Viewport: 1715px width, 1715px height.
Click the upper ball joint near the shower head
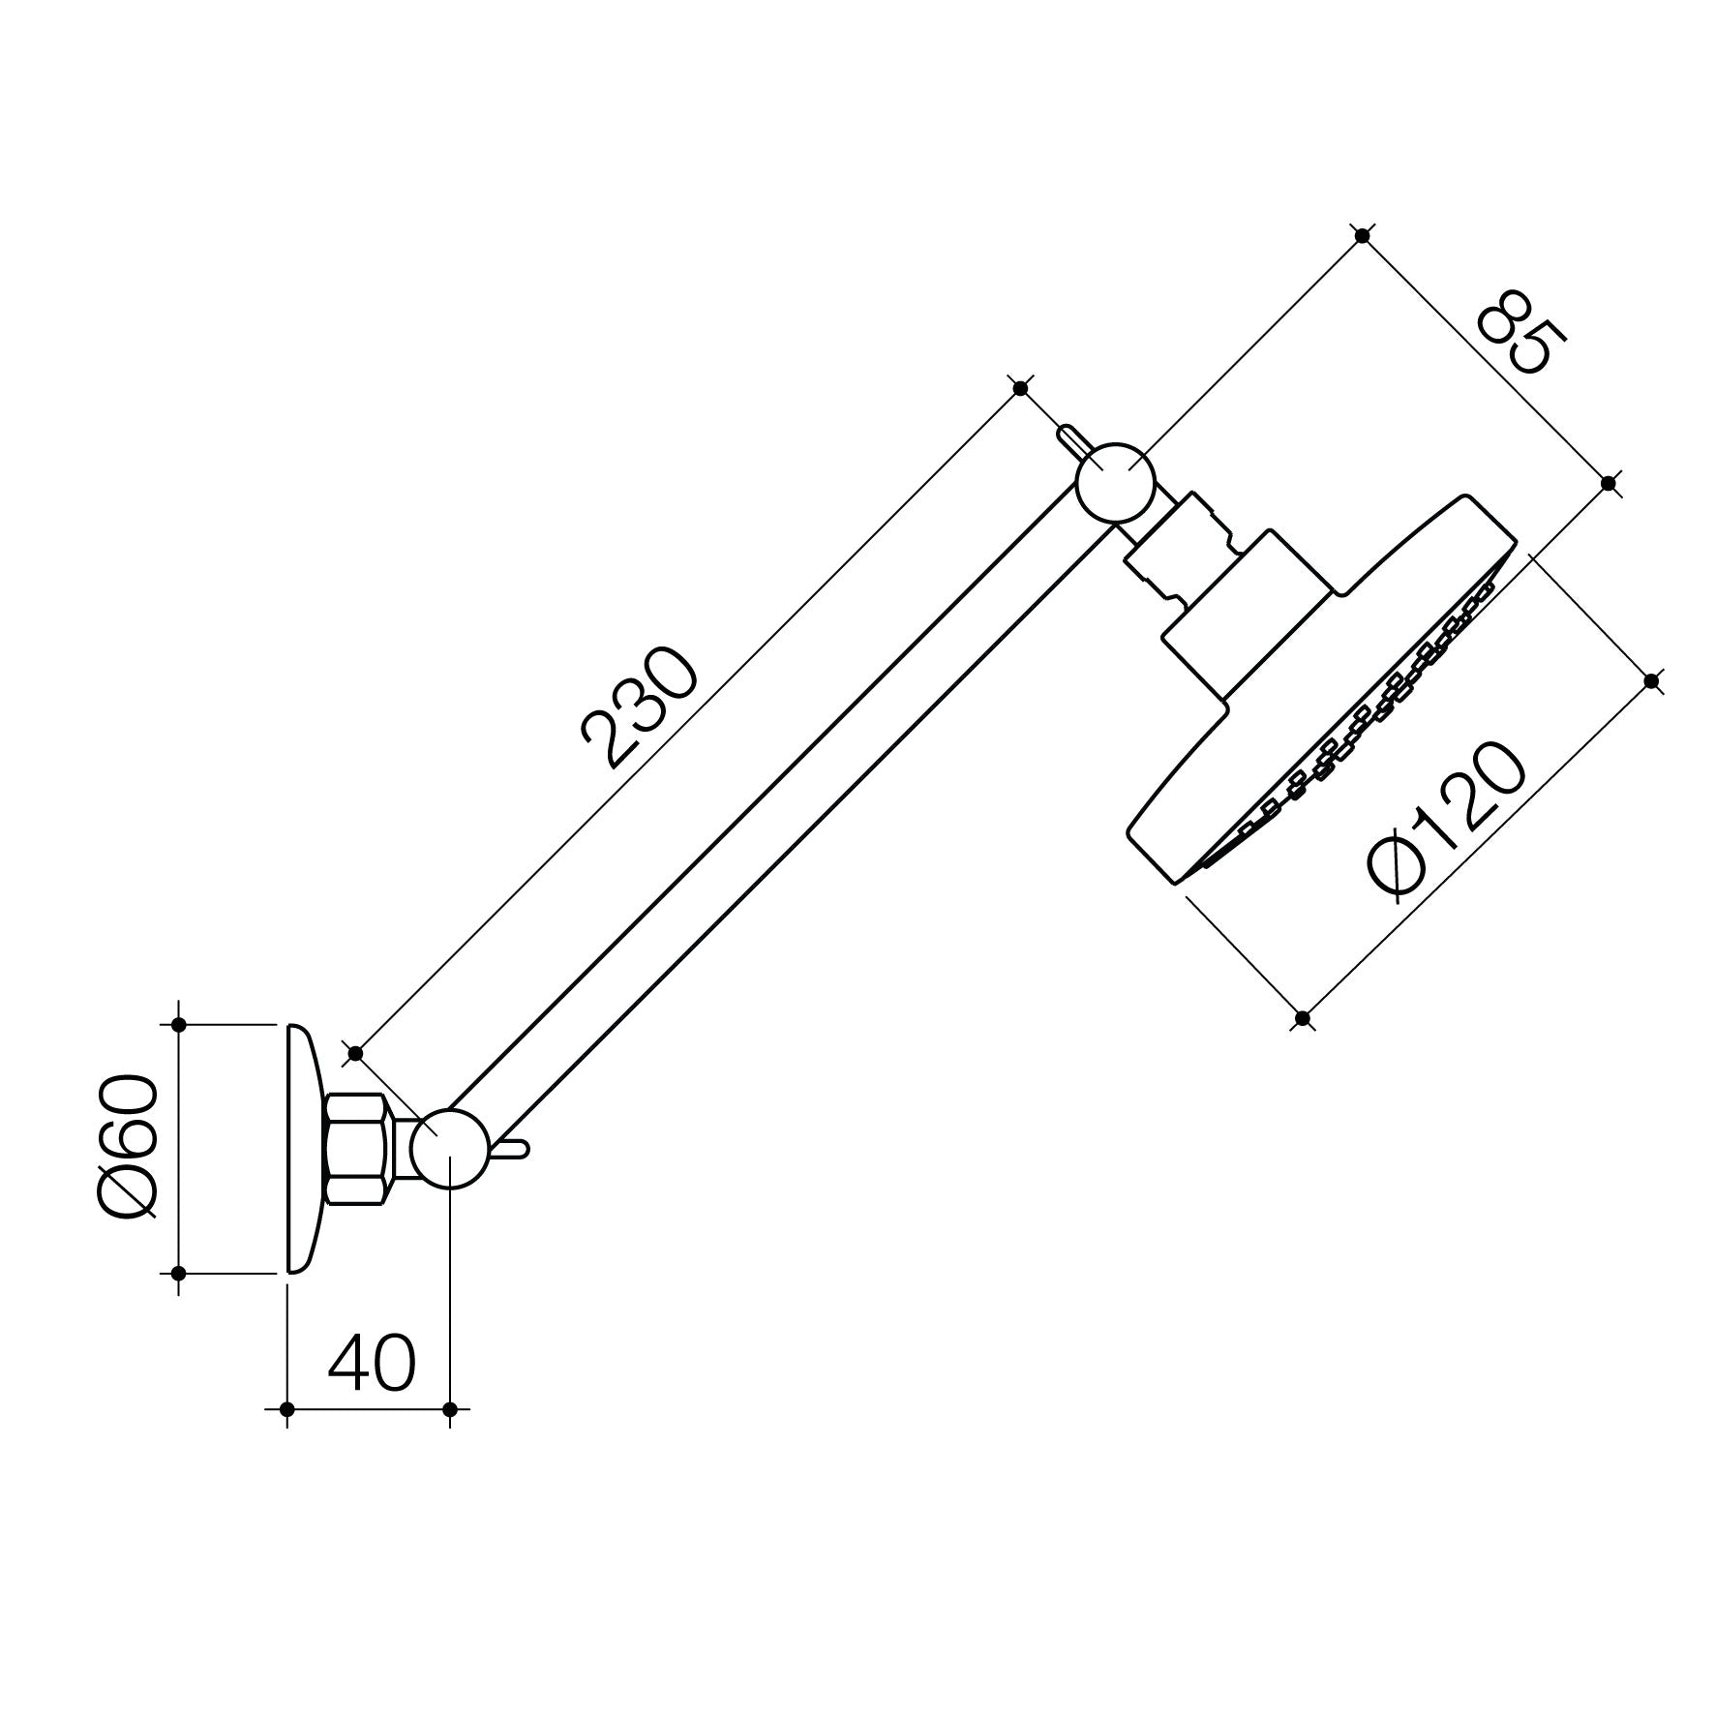[x=1116, y=483]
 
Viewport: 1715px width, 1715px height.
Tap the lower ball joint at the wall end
[x=450, y=1148]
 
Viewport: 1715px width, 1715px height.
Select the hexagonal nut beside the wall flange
[x=356, y=1149]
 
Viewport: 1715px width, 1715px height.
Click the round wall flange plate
[x=301, y=1148]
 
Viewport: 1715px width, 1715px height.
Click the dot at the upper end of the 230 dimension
[x=1020, y=388]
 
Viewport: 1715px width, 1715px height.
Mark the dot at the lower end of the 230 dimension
[x=355, y=1053]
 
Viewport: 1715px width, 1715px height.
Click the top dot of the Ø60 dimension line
[x=178, y=1024]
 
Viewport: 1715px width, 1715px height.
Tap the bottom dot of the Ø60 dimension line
[x=178, y=1274]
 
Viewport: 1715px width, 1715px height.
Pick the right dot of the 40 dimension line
[x=450, y=1409]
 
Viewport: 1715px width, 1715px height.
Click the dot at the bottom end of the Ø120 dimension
[x=1303, y=1018]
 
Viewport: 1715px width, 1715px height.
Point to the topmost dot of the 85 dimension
[x=1363, y=235]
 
